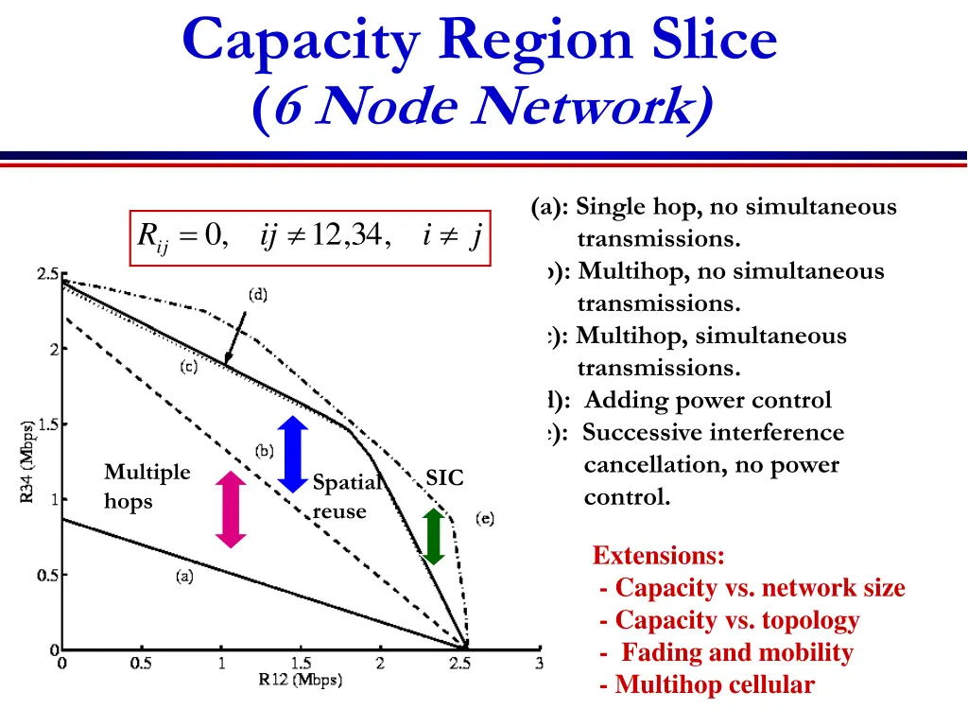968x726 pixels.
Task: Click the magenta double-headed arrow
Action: click(x=230, y=509)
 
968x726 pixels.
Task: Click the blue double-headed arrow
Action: click(x=293, y=453)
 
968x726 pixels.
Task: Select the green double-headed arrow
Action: click(x=433, y=537)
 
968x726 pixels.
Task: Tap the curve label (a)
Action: click(x=184, y=577)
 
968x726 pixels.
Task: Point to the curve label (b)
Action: click(x=265, y=450)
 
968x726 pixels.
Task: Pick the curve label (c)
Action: click(x=189, y=367)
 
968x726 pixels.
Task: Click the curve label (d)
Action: click(x=258, y=295)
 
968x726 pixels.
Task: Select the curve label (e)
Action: click(x=484, y=519)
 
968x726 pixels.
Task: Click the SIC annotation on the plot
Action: click(x=444, y=478)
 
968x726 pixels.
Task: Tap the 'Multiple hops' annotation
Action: click(x=147, y=486)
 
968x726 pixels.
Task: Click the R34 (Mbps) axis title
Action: click(x=28, y=461)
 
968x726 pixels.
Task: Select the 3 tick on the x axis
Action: click(x=539, y=664)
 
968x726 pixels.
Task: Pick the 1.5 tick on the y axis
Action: click(x=48, y=424)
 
